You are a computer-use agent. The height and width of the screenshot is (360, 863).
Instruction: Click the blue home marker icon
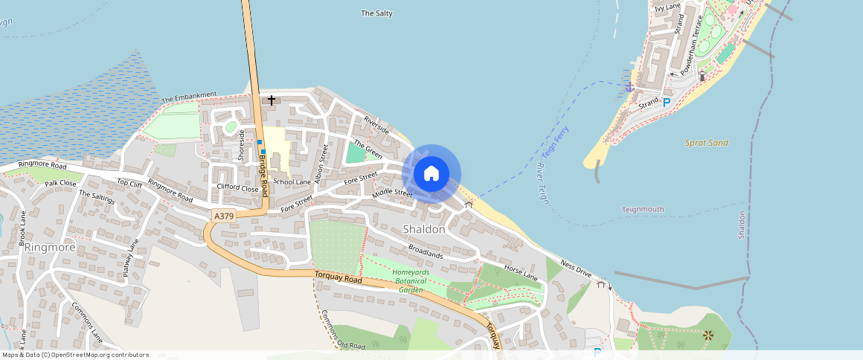(431, 174)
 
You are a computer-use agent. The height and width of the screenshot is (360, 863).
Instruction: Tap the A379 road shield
(222, 216)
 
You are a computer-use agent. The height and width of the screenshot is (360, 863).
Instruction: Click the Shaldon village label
(424, 229)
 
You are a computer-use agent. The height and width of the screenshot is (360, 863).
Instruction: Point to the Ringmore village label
(50, 247)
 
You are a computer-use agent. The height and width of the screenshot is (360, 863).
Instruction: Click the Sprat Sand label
(707, 142)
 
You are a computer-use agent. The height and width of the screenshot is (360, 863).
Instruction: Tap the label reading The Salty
(376, 13)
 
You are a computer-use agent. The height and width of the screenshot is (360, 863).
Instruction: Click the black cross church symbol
(272, 100)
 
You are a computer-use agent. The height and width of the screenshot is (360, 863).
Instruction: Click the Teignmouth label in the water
(643, 210)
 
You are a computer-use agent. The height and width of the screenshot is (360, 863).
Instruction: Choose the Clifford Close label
(237, 188)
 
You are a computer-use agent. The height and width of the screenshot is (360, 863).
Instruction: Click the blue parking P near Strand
(667, 103)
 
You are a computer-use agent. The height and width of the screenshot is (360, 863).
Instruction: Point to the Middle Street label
(392, 193)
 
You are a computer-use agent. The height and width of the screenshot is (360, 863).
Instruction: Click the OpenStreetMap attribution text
(74, 355)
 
